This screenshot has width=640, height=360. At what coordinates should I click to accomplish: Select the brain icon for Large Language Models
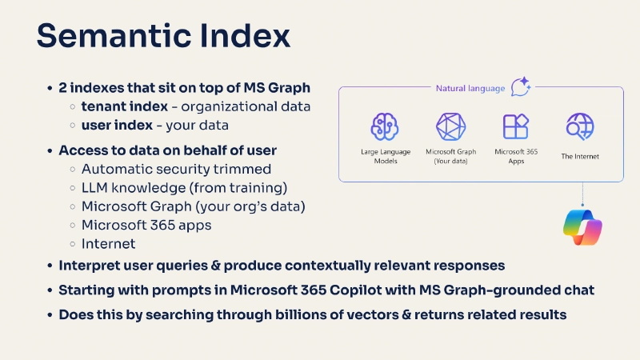tap(384, 126)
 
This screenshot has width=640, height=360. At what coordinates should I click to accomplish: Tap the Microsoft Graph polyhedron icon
tap(450, 126)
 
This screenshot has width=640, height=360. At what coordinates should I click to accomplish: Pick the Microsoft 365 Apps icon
tap(514, 126)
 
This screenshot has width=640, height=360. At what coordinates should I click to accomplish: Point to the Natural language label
tap(470, 88)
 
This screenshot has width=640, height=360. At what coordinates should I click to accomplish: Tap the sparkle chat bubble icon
tap(521, 86)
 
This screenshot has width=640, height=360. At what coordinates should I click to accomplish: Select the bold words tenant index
tap(123, 106)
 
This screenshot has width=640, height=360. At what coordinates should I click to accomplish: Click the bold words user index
tap(114, 126)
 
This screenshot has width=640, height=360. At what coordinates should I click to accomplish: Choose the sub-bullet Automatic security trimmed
tap(176, 169)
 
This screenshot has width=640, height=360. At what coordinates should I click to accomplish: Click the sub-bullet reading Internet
tap(108, 243)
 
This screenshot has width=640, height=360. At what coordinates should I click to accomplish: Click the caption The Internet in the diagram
tap(580, 156)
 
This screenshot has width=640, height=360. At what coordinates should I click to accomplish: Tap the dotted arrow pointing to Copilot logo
tap(582, 193)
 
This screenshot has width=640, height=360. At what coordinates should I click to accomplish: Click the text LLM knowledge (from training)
tap(184, 188)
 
